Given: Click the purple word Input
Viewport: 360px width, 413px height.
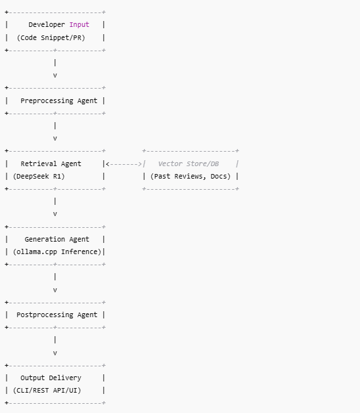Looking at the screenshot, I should [79, 25].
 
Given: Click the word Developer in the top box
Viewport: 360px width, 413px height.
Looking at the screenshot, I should [47, 25].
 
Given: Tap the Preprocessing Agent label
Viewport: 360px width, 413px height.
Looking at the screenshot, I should [58, 101].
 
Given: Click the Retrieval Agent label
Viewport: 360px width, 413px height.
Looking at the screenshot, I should [51, 163].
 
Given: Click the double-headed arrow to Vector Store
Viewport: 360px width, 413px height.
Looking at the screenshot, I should [124, 163].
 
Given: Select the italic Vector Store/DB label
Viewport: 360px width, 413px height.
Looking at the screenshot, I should [188, 163].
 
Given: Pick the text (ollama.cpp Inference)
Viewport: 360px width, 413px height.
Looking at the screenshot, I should [56, 252].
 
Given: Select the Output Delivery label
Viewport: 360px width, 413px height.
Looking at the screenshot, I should [51, 378].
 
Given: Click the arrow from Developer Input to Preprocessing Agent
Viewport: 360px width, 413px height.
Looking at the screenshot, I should [55, 69].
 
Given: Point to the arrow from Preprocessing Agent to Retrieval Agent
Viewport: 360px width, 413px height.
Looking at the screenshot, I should [55, 132].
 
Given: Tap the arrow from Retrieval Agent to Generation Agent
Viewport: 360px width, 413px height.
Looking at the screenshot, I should [55, 207].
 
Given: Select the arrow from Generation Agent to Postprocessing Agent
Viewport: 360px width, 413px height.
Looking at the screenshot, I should [55, 284].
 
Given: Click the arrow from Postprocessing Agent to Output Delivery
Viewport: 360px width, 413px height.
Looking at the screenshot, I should [55, 347].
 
